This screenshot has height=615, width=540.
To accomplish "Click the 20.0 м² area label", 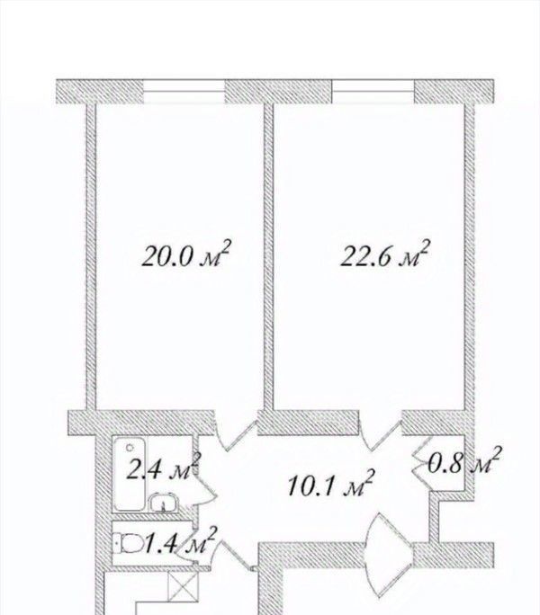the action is (x=185, y=254).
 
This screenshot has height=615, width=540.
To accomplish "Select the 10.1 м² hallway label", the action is (x=330, y=484).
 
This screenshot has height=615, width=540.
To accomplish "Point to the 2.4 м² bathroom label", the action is (x=164, y=467).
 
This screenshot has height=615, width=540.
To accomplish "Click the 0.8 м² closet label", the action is (x=465, y=461).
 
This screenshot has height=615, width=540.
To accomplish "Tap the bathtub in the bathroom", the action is (x=130, y=474).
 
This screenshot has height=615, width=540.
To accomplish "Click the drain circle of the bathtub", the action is (x=130, y=447).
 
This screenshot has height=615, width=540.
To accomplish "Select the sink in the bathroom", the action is (x=163, y=502).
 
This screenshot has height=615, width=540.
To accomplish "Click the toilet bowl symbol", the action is (x=129, y=544).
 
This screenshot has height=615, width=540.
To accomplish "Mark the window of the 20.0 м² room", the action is (x=184, y=92).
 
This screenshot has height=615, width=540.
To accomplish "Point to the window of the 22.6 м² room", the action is (x=373, y=92).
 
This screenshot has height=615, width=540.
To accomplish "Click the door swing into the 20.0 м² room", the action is (x=236, y=432).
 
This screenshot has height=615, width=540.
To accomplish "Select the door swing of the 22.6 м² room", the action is (x=381, y=432).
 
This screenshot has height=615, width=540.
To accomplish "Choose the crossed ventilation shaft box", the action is (x=183, y=585).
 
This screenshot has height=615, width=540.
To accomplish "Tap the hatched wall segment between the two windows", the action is (x=278, y=92).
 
